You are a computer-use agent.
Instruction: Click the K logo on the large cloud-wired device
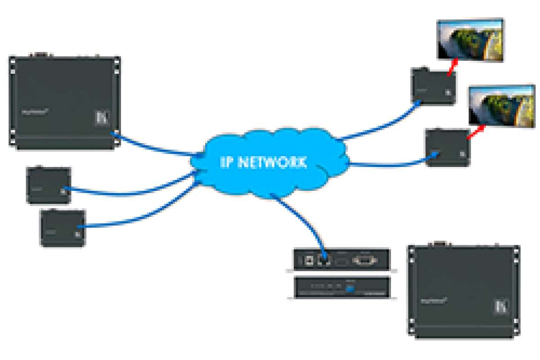point(100,118)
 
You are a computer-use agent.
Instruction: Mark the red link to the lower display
point(476,133)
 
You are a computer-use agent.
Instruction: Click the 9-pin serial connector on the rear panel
point(365,261)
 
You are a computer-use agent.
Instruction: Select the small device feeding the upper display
point(433,86)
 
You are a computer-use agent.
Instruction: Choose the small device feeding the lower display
point(448,148)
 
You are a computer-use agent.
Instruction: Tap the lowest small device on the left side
point(63,228)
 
